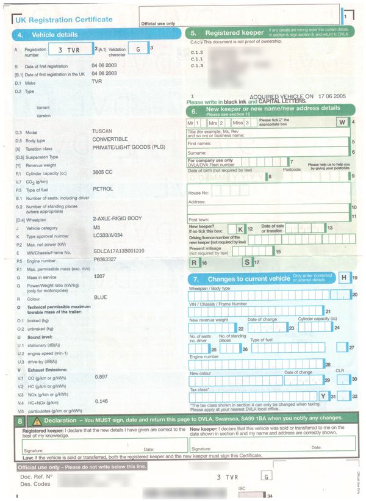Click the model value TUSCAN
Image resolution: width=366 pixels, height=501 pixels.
[102, 131]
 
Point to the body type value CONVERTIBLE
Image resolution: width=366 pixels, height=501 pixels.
[110, 139]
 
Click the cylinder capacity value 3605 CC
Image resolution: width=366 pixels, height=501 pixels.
[102, 173]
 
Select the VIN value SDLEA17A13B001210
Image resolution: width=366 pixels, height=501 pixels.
[118, 251]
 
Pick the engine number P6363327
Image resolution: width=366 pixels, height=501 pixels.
[104, 259]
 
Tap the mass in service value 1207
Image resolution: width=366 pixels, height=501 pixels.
[98, 276]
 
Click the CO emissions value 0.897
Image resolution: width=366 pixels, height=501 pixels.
[101, 377]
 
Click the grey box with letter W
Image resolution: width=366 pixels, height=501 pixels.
[342, 121]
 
